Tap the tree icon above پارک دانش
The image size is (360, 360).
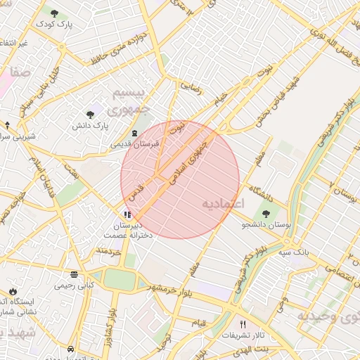(x=90, y=114)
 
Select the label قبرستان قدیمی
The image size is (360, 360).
(x=134, y=143)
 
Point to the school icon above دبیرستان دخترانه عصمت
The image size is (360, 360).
(x=127, y=214)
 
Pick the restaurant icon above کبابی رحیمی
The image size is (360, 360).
(x=75, y=274)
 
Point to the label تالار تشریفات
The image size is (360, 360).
(x=243, y=335)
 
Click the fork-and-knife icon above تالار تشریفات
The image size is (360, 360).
(x=243, y=324)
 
